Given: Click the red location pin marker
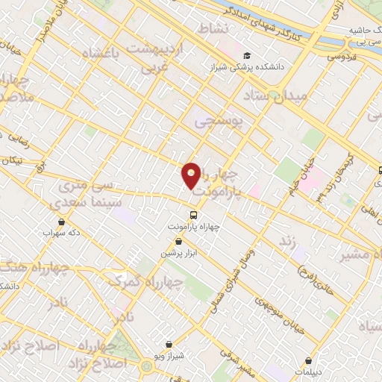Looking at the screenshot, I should click(192, 176).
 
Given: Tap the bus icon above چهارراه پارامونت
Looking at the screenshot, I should click(195, 216).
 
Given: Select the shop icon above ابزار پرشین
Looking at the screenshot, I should click(178, 242).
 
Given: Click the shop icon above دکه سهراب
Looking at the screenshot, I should click(60, 222).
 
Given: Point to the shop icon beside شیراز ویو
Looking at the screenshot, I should click(169, 344).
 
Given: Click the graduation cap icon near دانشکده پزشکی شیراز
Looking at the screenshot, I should click(247, 55).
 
